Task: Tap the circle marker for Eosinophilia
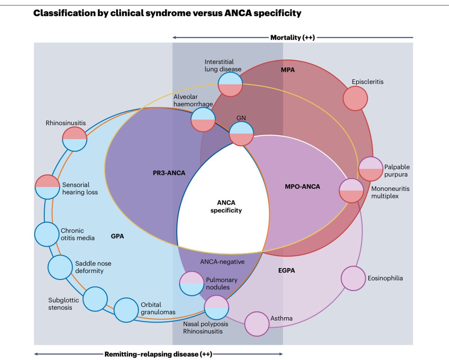353,278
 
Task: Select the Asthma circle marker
257,323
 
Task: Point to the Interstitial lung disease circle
230,84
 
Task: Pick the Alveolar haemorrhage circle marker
203,120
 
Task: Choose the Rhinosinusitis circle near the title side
75,139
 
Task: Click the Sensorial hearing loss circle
47,186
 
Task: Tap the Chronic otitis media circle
47,234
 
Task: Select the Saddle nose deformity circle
60,267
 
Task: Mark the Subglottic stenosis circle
95,299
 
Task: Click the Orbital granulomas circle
126,310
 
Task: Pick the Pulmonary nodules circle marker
192,283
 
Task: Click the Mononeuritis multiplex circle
351,190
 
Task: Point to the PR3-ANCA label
167,173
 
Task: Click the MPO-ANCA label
303,187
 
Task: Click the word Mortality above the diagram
286,37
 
